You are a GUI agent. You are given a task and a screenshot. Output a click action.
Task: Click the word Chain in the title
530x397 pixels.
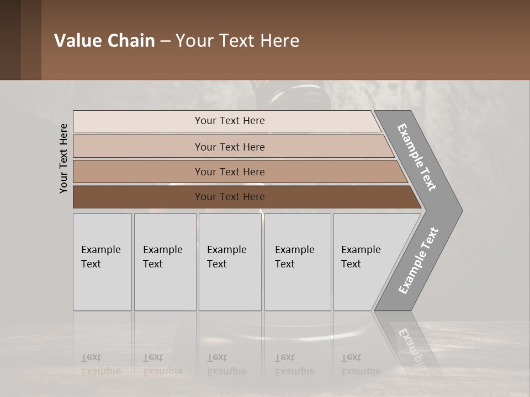coord(131,41)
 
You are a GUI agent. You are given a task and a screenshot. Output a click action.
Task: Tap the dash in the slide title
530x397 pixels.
coord(165,41)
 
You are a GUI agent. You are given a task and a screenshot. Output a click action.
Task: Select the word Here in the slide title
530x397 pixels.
coord(279,41)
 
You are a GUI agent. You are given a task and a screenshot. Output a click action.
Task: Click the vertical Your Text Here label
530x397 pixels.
coord(63,158)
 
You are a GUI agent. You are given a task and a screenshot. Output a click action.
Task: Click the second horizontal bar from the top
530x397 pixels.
coord(230,147)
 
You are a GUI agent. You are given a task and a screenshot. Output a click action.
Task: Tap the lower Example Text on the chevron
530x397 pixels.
coord(418,261)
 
